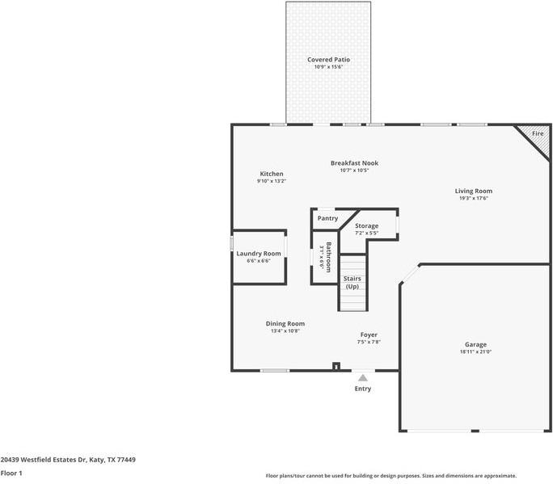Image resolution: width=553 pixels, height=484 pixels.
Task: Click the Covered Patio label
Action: click(x=328, y=60)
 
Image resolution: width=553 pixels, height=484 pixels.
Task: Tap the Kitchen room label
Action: click(x=271, y=174)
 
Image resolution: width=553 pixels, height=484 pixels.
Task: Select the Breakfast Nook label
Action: click(x=354, y=163)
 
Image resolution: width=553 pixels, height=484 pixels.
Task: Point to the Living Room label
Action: click(x=473, y=191)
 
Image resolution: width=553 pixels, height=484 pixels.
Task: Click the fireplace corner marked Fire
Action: click(x=537, y=134)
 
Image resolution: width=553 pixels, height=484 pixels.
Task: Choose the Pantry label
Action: click(x=327, y=218)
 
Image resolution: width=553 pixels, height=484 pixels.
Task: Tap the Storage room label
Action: click(x=366, y=225)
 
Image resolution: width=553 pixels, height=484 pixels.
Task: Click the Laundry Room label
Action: click(x=259, y=254)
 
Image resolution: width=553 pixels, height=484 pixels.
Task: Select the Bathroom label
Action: click(x=328, y=257)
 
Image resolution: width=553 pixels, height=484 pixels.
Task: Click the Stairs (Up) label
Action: click(x=352, y=282)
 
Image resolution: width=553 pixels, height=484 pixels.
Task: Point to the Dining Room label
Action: click(x=285, y=323)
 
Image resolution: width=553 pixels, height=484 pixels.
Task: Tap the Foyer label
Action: click(x=369, y=335)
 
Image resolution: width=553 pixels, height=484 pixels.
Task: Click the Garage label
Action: click(x=475, y=344)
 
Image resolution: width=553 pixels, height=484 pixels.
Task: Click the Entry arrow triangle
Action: click(x=363, y=377)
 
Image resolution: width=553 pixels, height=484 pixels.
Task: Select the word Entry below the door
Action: click(x=363, y=389)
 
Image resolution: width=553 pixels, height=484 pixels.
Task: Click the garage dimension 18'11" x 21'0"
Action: click(x=475, y=351)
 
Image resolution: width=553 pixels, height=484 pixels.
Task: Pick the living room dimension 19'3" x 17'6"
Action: click(x=473, y=198)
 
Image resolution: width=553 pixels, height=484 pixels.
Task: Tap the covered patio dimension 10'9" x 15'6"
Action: click(x=328, y=66)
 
